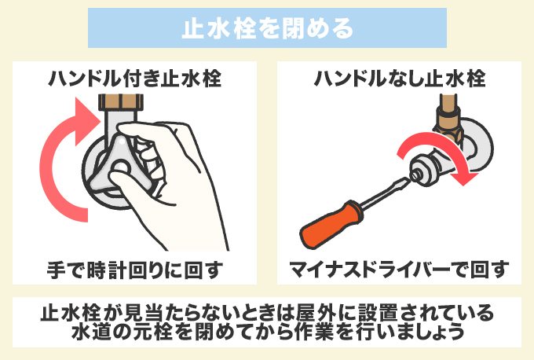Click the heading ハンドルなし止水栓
click(x=399, y=79)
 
